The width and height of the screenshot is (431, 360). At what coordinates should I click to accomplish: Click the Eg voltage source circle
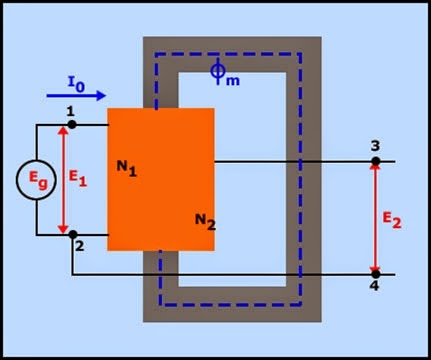point(37,181)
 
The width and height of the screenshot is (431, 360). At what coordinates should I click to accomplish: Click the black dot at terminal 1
point(70,126)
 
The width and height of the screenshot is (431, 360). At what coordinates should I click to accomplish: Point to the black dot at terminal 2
point(70,236)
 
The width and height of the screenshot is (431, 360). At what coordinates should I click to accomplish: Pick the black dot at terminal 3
point(376,161)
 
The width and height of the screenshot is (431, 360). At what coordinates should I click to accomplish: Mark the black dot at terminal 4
point(376,273)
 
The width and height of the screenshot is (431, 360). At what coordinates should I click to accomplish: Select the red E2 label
point(399,218)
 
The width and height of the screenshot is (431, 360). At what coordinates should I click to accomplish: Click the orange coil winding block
point(160,180)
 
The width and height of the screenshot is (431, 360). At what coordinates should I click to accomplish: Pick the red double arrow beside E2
point(376,217)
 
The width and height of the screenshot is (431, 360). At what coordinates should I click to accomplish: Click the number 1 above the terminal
point(69,111)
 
